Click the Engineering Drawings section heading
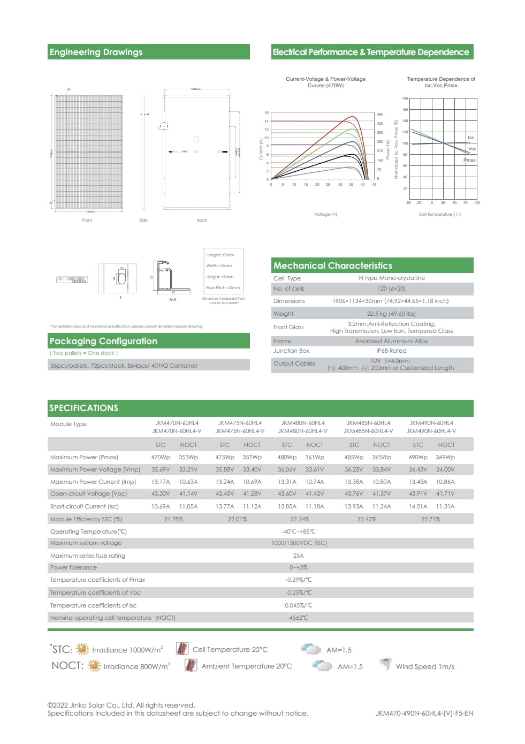(x=96, y=52)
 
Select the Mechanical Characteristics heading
(x=332, y=265)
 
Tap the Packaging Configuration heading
(x=103, y=341)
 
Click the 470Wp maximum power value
(x=160, y=457)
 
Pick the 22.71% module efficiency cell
(x=430, y=519)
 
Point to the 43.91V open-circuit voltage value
(x=418, y=494)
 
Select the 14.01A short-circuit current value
(x=418, y=506)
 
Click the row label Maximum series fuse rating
(x=88, y=556)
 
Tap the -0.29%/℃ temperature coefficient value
(x=298, y=580)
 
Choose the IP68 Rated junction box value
(x=391, y=351)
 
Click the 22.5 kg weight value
(x=391, y=314)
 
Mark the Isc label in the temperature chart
(x=470, y=138)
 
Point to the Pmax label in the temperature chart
(x=469, y=160)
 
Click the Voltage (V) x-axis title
(x=325, y=214)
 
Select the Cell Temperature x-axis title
(x=439, y=214)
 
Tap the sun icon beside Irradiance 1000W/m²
(x=82, y=649)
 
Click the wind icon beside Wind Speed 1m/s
(x=385, y=665)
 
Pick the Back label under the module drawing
(x=202, y=220)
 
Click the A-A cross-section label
(x=172, y=300)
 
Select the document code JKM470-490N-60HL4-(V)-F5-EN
(x=424, y=713)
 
